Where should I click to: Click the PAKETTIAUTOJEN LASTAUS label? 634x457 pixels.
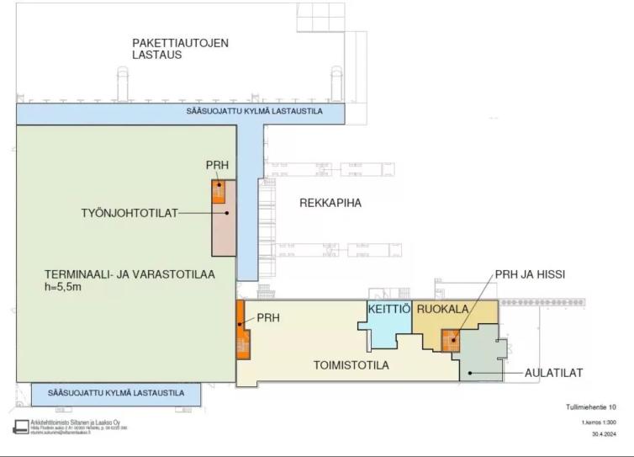[180, 48]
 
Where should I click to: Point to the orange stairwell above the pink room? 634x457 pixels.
[218, 192]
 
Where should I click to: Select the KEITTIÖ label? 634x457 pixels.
[388, 310]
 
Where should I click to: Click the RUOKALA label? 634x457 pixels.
[442, 310]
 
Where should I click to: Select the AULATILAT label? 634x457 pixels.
[554, 372]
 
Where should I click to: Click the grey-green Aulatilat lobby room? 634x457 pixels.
[481, 358]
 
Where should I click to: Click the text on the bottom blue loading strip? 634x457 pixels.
[116, 393]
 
